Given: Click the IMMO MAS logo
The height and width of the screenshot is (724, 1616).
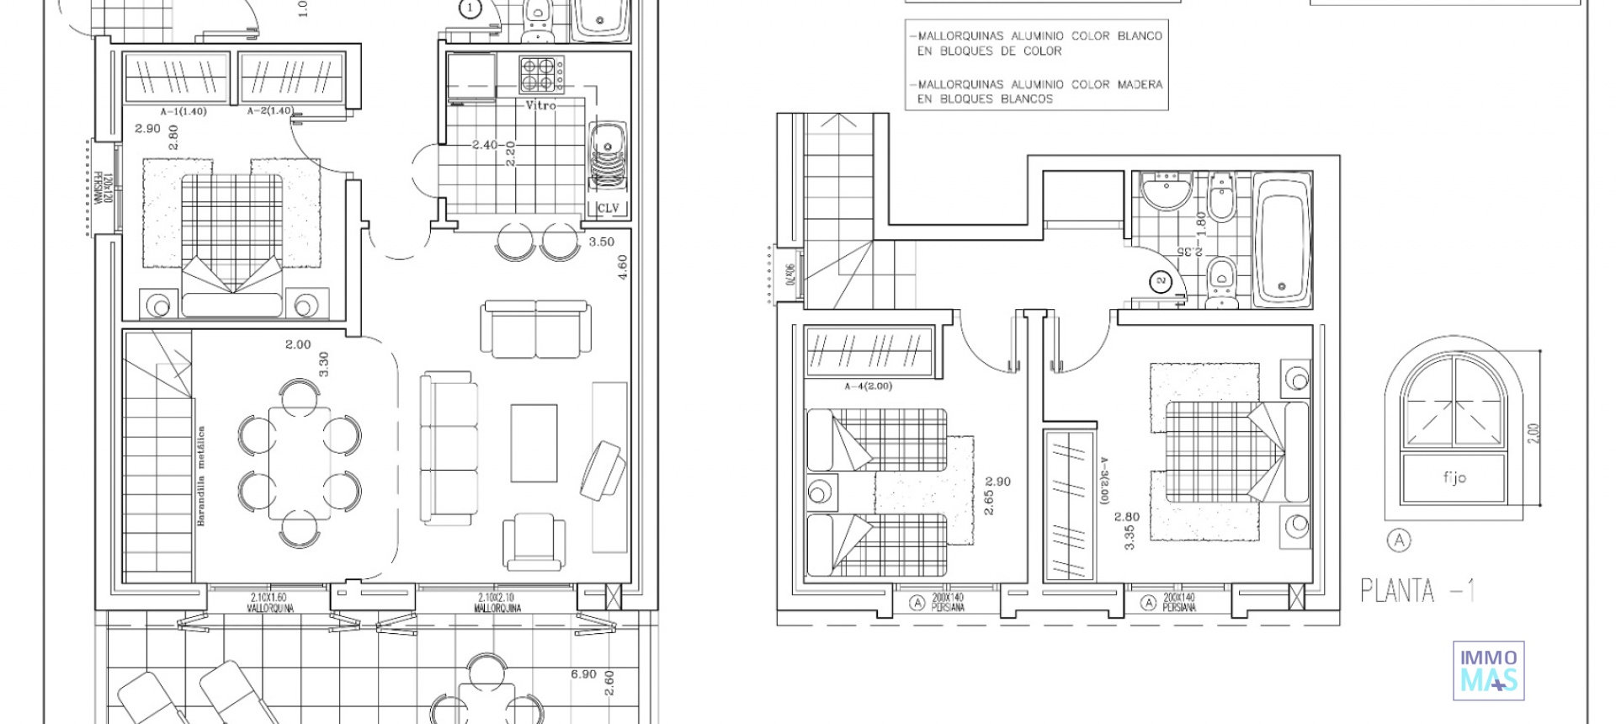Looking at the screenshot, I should [1488, 670].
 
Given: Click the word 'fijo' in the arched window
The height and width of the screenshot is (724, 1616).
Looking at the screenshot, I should [1454, 477].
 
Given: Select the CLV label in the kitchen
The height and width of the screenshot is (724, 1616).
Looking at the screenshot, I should [608, 208].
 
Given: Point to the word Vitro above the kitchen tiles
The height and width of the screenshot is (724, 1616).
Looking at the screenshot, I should [540, 105].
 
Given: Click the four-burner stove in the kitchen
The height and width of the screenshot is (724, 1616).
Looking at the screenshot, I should [540, 73].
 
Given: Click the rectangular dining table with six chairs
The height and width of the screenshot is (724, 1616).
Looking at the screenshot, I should [299, 464].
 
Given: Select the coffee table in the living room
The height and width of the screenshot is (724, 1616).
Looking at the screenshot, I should [534, 443].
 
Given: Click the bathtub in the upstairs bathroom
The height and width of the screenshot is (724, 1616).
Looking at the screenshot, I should [1282, 239].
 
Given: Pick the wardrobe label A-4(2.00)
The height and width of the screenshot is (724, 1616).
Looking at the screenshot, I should [868, 386].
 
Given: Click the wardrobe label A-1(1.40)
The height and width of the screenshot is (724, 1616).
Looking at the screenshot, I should [183, 111].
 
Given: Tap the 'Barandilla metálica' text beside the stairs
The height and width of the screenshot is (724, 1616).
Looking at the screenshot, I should [201, 476].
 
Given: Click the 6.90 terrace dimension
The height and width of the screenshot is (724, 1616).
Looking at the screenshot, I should [583, 674].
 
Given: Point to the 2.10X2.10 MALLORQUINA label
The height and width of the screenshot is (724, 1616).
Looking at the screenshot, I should [497, 602].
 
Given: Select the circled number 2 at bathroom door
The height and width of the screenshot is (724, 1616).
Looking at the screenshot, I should [1161, 281].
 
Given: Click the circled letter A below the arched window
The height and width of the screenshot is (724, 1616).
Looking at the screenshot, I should [1399, 540].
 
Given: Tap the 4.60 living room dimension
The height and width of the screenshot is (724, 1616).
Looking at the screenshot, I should [623, 268].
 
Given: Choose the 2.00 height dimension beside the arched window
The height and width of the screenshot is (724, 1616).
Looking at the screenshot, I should [1533, 434].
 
